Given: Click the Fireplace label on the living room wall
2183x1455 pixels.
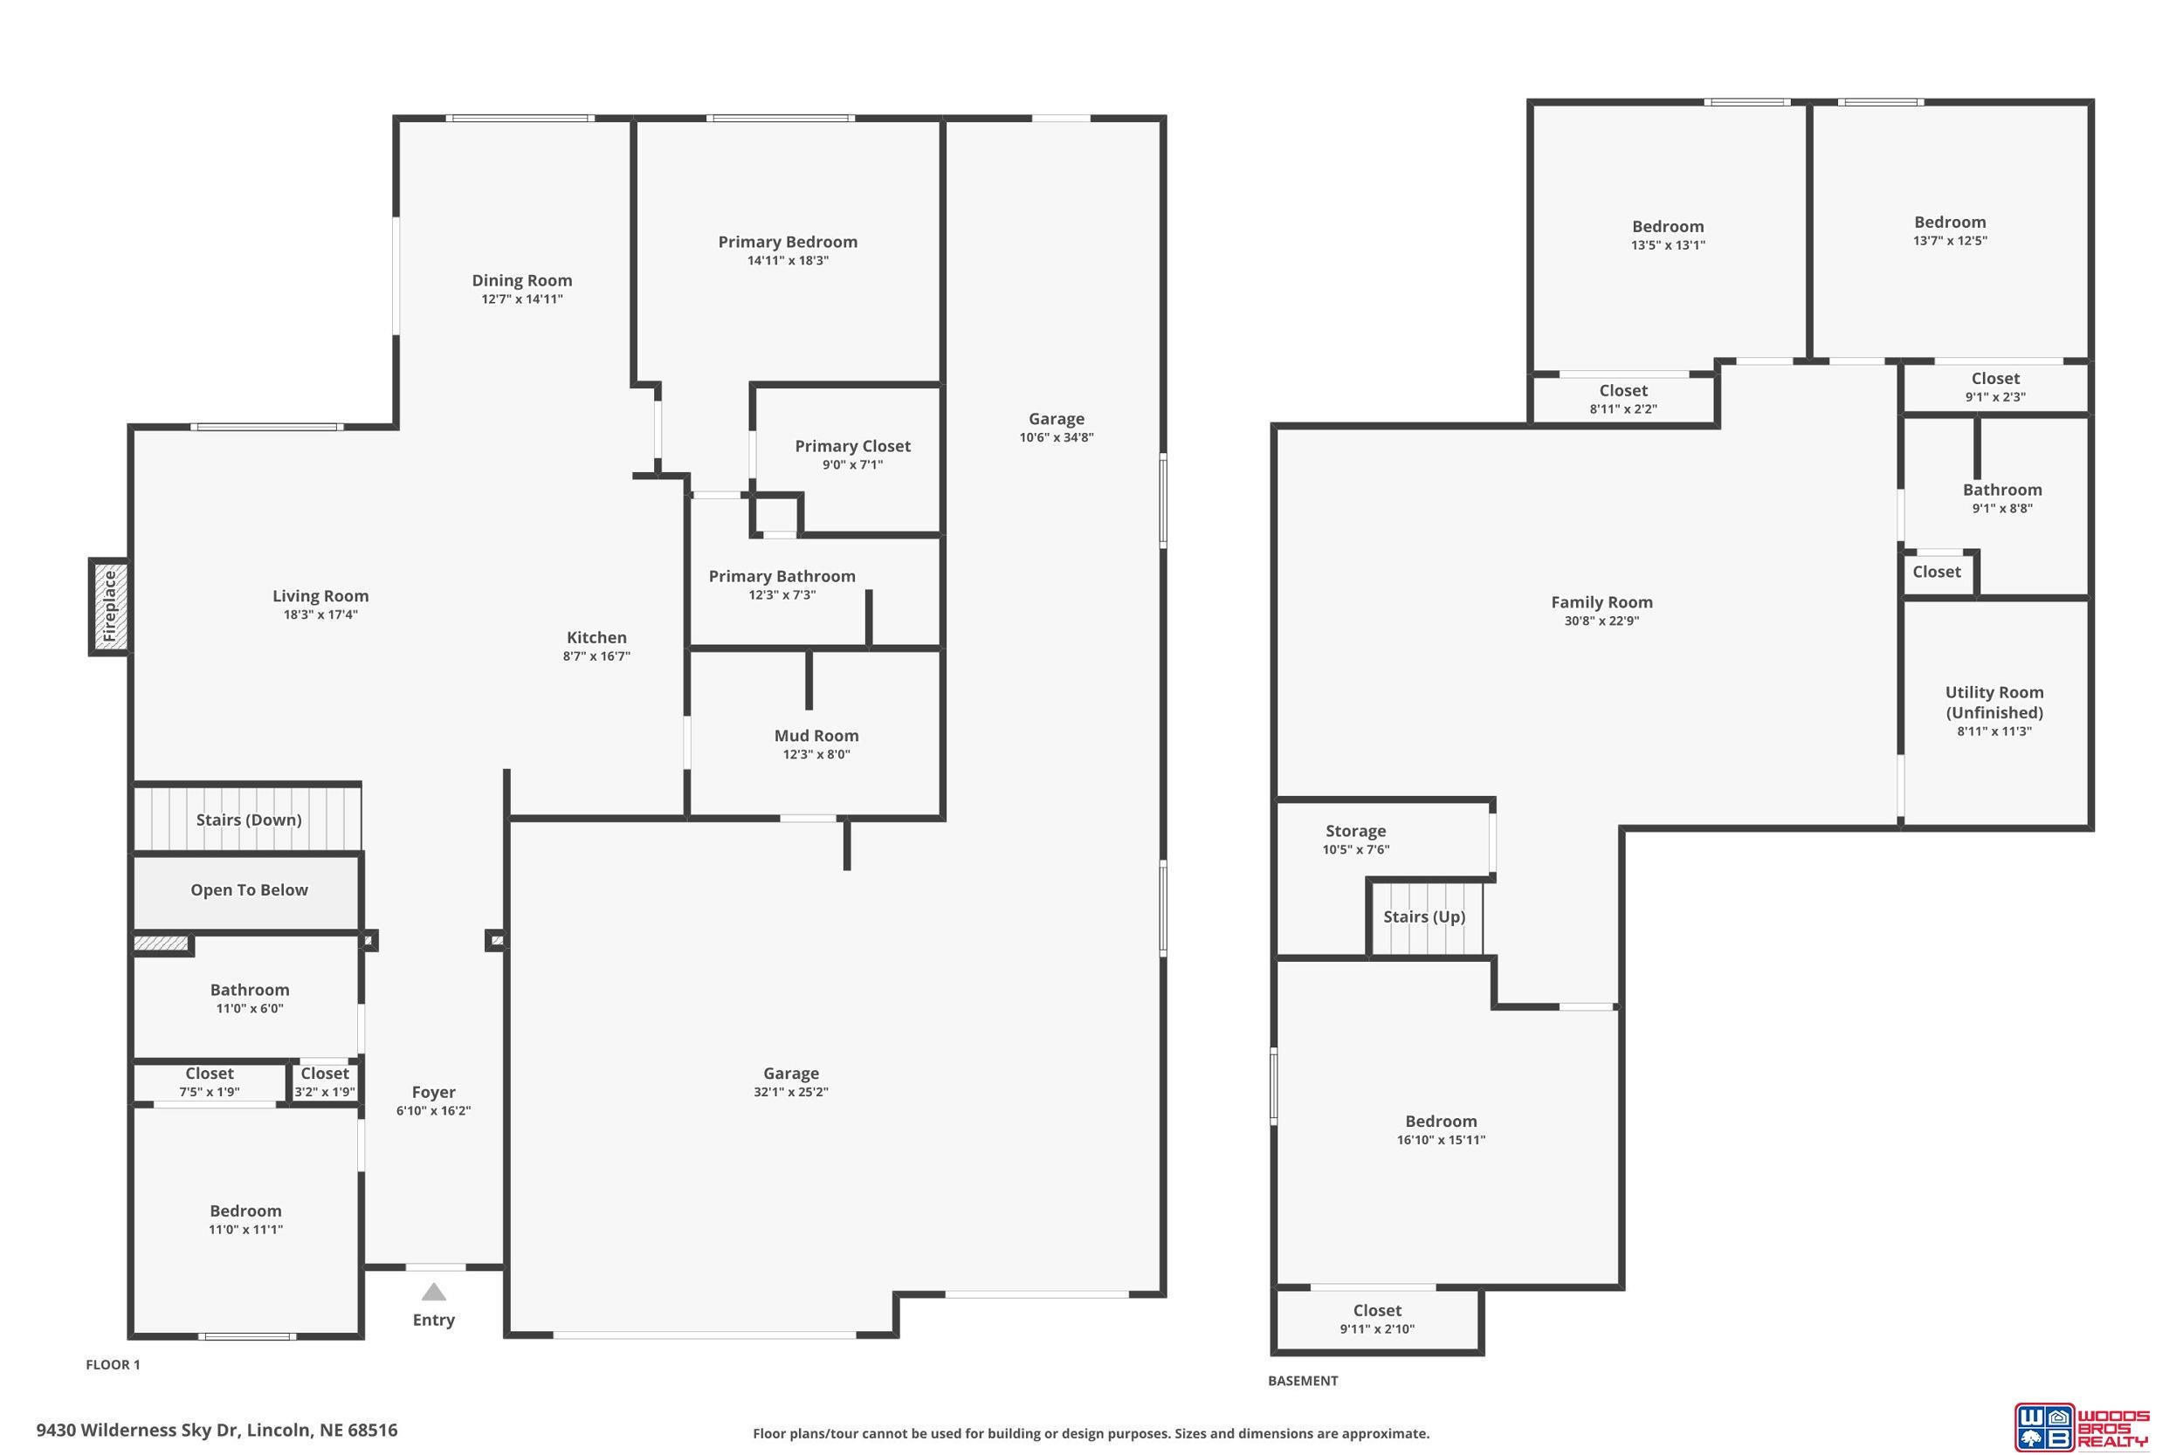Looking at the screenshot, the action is click(109, 607).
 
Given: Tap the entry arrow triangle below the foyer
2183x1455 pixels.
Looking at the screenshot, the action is click(433, 1292).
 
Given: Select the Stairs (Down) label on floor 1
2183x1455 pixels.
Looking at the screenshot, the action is click(249, 820).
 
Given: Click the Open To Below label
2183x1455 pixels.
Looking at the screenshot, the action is click(249, 890).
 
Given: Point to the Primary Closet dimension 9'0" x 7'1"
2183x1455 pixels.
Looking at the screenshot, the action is click(852, 465).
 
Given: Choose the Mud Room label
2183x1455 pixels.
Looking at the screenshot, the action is click(816, 736).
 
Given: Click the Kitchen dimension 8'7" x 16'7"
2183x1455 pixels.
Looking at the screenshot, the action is click(596, 656).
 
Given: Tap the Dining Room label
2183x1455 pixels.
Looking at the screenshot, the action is click(521, 280).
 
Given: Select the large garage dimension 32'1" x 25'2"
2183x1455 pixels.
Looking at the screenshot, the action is click(791, 1092).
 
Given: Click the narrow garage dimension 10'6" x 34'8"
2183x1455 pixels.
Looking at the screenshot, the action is click(1057, 438).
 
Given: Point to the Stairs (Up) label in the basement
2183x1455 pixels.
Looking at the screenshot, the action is click(1424, 916).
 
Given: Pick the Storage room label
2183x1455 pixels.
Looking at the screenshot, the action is click(1355, 832).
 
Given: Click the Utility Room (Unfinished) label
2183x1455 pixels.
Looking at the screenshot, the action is click(1994, 703).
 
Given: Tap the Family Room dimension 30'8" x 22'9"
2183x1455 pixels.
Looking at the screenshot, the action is click(1602, 621).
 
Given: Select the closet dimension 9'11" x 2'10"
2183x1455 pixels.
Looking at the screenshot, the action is click(1376, 1328).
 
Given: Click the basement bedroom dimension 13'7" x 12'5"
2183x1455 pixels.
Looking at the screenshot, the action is click(1950, 240).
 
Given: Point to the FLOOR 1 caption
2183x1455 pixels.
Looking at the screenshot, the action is click(114, 1365).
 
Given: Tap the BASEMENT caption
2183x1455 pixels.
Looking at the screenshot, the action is click(1303, 1381).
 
